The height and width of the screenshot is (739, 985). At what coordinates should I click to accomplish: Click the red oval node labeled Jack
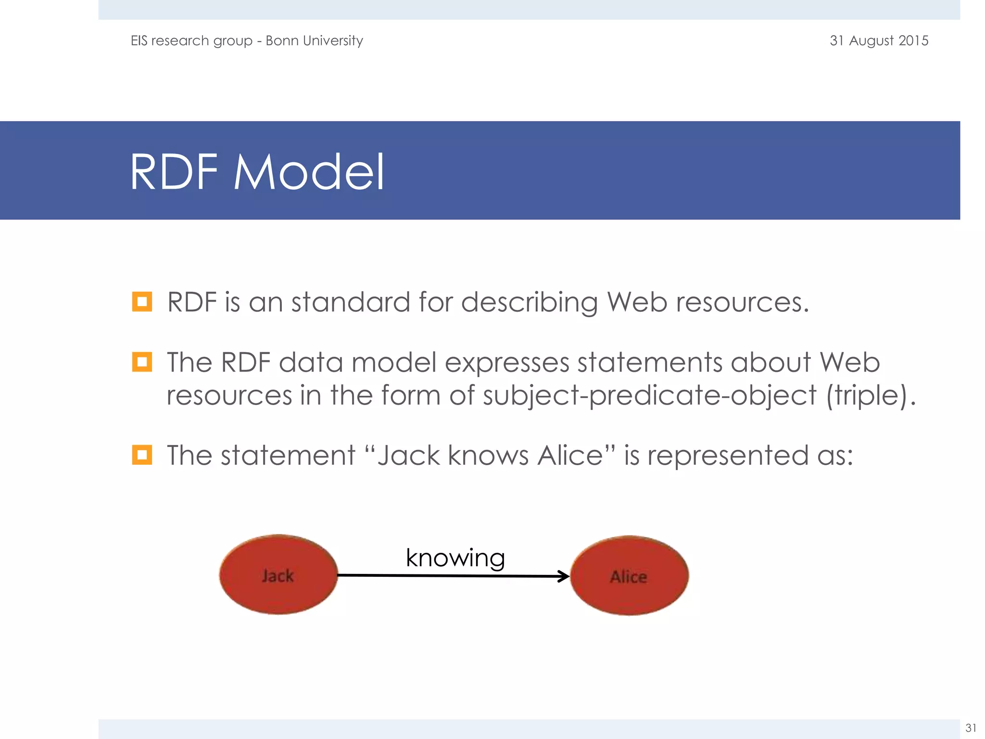click(x=278, y=574)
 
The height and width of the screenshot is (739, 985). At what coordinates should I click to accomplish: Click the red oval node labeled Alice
click(x=629, y=575)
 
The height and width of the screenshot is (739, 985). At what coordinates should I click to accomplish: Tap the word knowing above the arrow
click(x=455, y=558)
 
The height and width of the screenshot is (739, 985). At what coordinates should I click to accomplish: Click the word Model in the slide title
click(x=309, y=172)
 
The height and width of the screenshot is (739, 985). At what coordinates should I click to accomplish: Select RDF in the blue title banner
click(x=174, y=172)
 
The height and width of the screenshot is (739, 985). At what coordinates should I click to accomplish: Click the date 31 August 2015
click(x=879, y=40)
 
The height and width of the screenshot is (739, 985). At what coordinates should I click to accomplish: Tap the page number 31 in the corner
click(x=971, y=727)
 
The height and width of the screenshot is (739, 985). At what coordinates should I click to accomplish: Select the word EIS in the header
click(x=139, y=40)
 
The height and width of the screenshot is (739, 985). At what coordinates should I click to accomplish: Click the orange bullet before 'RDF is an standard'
click(x=142, y=302)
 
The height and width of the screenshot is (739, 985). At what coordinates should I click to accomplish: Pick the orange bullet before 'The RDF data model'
click(x=142, y=362)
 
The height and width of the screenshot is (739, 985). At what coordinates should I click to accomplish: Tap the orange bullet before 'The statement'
click(x=142, y=455)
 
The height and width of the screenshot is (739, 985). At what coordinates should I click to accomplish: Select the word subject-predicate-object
click(x=649, y=395)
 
